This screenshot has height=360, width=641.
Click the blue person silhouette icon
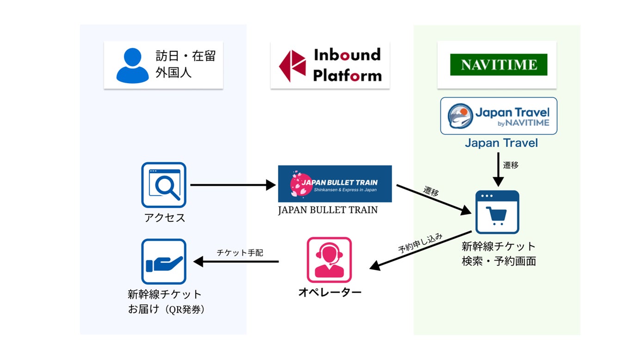click(x=132, y=65)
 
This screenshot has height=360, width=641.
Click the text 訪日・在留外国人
click(x=185, y=65)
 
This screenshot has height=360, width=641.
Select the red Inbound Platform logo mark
click(x=292, y=66)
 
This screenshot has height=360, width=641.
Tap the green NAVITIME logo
click(x=499, y=65)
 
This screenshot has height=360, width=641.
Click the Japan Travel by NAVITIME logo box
click(x=499, y=116)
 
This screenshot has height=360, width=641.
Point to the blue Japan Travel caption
click(x=501, y=143)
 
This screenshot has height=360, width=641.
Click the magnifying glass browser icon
click(x=164, y=185)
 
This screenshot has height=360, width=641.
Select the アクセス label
click(x=165, y=218)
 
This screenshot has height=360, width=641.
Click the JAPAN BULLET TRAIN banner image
click(x=335, y=183)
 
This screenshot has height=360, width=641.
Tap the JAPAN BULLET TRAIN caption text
click(x=327, y=210)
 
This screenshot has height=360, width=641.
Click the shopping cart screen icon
click(x=497, y=212)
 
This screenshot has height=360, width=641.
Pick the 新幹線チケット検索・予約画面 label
click(x=499, y=253)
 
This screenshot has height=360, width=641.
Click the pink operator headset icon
click(x=329, y=260)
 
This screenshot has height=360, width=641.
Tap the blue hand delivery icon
click(x=164, y=262)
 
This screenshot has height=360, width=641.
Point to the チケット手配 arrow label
click(x=240, y=253)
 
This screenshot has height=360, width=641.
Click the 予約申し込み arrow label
click(x=420, y=243)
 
